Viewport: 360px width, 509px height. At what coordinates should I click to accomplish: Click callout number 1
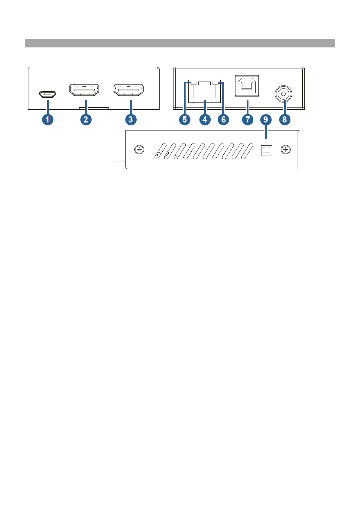[47, 119]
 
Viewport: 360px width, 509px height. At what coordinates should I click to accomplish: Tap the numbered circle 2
[86, 119]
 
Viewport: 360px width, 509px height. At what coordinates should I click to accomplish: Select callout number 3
[131, 119]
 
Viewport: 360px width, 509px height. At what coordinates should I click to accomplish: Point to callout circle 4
[205, 120]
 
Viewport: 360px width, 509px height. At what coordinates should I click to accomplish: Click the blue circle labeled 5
[184, 120]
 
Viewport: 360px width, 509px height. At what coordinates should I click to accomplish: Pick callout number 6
[223, 120]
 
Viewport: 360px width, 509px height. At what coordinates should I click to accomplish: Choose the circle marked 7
[247, 120]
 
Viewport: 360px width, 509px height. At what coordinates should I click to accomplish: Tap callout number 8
[284, 120]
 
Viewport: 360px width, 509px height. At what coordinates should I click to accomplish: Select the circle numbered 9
[266, 120]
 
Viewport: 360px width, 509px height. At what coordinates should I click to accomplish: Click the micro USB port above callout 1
[47, 94]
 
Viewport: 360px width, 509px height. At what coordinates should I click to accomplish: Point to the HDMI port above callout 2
[84, 90]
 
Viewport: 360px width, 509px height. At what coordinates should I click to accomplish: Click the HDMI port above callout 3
[129, 90]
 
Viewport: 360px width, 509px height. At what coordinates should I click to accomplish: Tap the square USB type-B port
[247, 85]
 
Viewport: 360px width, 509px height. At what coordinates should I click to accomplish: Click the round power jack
[284, 94]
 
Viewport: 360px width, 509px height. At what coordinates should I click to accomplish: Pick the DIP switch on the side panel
[267, 150]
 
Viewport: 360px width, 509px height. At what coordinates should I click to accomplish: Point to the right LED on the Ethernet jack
[216, 83]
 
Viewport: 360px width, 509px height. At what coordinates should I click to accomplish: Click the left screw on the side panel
[139, 149]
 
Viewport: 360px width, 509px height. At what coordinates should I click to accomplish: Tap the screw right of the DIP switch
[286, 149]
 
